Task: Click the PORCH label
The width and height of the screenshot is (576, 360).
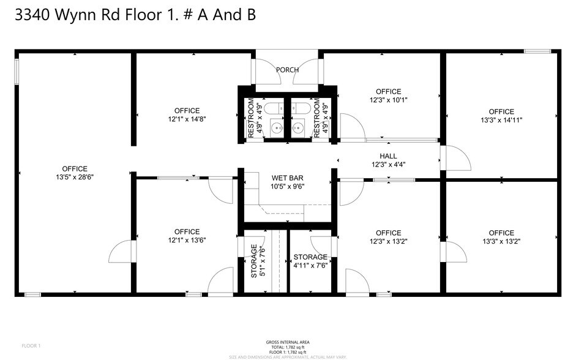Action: coord(287,70)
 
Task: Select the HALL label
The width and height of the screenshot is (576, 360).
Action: coord(388,156)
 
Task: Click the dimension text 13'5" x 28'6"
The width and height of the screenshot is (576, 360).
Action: coord(75,177)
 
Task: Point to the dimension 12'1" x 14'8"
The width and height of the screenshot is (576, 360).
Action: coord(187,119)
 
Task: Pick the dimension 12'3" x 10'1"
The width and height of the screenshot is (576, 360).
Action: coord(388,100)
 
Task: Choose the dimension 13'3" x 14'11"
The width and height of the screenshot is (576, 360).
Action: coord(501,120)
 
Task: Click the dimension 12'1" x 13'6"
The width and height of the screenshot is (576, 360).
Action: coord(187,241)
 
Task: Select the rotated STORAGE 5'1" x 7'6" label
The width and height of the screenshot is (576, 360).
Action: coord(257,262)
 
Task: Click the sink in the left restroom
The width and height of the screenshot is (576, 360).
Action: coord(277,128)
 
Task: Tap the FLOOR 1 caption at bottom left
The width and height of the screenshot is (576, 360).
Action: coord(31,346)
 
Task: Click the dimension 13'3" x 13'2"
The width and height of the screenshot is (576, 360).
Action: coord(501,241)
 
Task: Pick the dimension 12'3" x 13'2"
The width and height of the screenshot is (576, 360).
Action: coord(388,241)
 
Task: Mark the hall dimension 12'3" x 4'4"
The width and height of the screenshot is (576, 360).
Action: coord(388,164)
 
